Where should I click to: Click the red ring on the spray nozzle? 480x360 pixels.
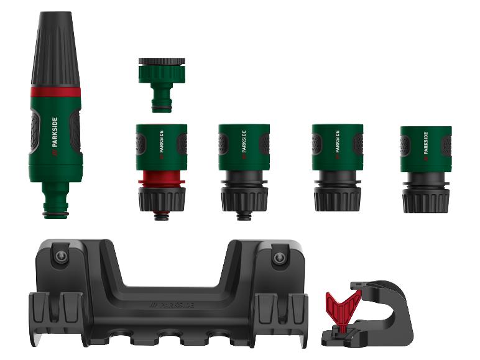click(55, 92)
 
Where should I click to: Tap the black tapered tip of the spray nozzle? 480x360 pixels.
click(55, 50)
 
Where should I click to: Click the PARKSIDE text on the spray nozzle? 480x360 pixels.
click(55, 132)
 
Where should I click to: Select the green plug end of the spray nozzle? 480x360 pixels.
click(56, 200)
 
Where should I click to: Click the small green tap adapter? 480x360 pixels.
click(162, 85)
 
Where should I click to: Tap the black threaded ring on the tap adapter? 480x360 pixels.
click(162, 61)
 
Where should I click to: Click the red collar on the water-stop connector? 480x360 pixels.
click(162, 178)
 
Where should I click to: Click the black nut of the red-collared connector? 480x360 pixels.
click(162, 198)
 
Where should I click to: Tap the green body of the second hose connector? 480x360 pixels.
click(244, 147)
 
